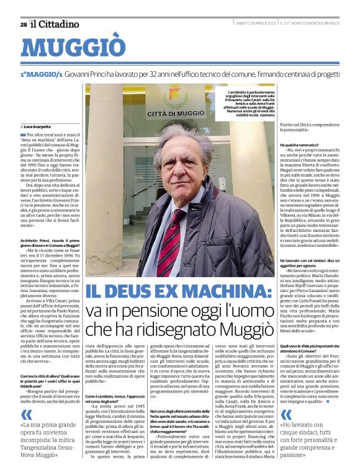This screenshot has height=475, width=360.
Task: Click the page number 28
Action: click(23, 24)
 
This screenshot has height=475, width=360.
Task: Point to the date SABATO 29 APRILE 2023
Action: click(255, 24)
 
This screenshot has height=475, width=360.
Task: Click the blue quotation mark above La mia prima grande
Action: click(27, 414)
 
